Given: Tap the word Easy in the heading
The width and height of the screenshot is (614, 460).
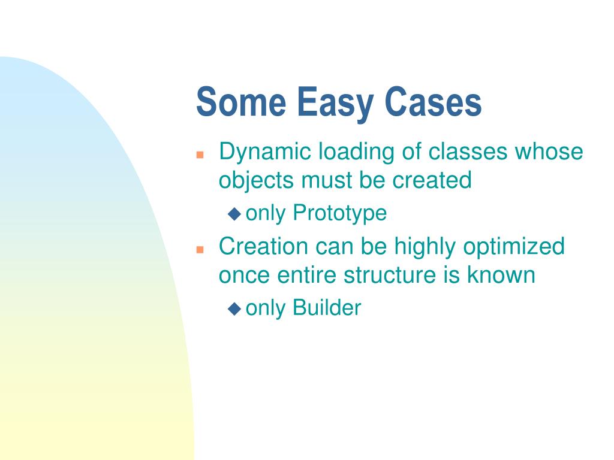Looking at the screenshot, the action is pyautogui.click(x=335, y=104).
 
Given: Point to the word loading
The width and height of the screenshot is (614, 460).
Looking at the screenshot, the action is pyautogui.click(x=356, y=152).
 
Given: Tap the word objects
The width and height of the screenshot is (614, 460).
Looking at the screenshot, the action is pyautogui.click(x=256, y=181).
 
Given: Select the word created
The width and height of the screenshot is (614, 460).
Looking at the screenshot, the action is pyautogui.click(x=432, y=180).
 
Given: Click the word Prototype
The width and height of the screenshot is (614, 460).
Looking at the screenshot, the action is pyautogui.click(x=339, y=213).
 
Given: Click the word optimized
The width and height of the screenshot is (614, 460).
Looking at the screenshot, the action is pyautogui.click(x=514, y=247).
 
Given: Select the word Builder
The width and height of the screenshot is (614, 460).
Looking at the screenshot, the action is pyautogui.click(x=327, y=307).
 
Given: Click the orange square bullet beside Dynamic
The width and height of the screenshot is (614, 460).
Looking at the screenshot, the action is pyautogui.click(x=200, y=155).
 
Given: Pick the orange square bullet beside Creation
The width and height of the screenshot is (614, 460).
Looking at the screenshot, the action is pyautogui.click(x=200, y=249).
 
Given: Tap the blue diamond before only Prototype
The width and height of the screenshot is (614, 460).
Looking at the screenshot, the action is pyautogui.click(x=234, y=214).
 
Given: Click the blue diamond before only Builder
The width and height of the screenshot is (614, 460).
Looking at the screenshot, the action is pyautogui.click(x=234, y=308).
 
